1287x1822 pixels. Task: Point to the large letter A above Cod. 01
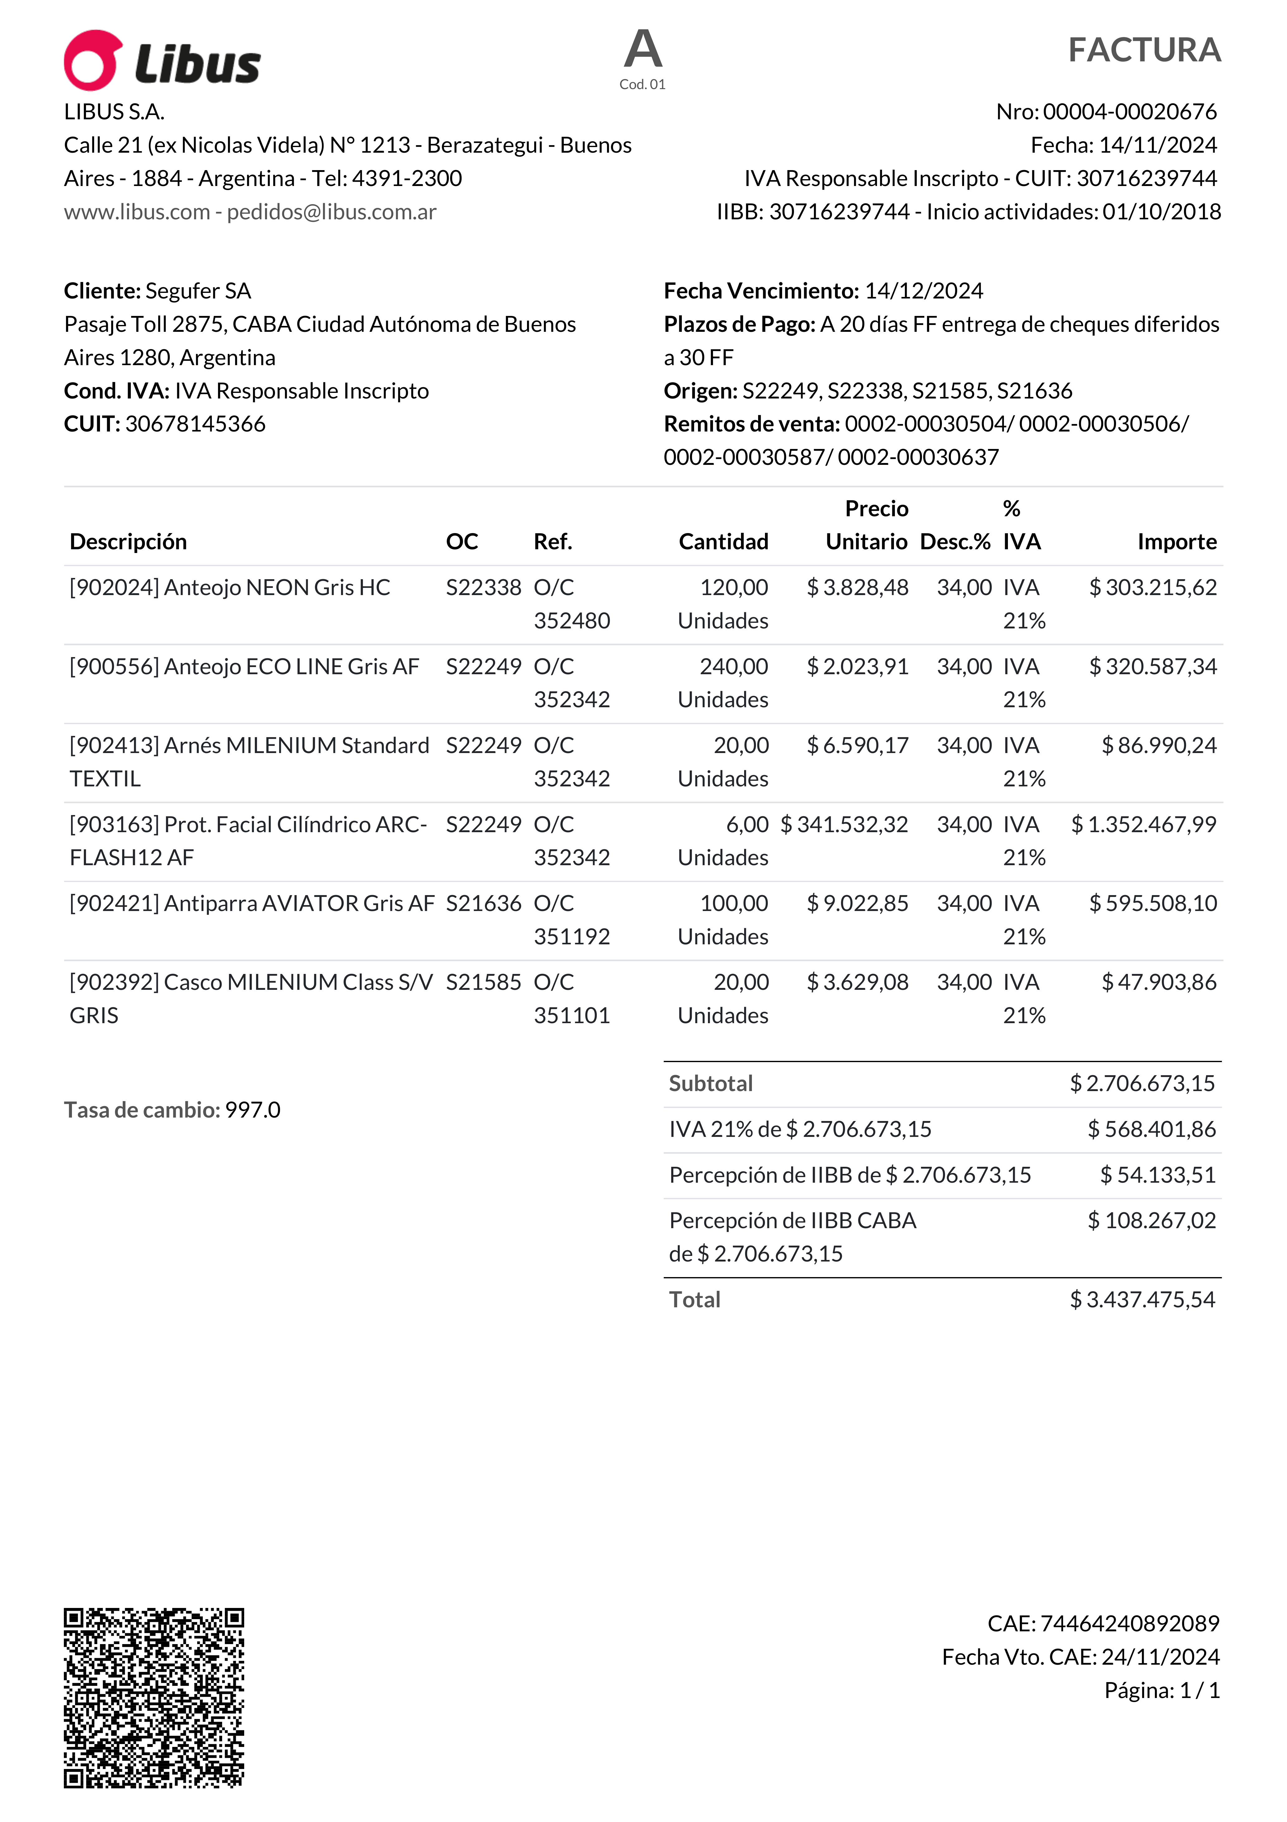[643, 49]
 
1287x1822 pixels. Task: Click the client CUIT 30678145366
[195, 424]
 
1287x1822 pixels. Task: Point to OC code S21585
[483, 982]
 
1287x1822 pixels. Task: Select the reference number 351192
[571, 937]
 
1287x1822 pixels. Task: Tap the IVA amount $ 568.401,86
[1151, 1129]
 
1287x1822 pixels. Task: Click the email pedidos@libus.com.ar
[332, 212]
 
